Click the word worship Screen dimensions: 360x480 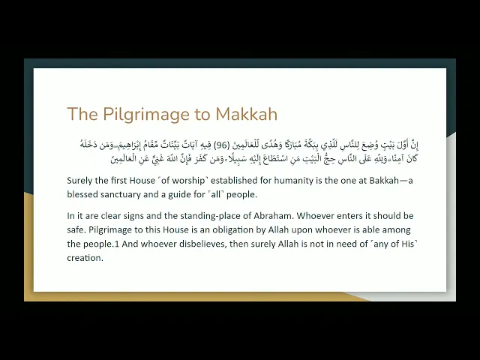pos(179,180)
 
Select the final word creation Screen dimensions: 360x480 pos(84,258)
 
